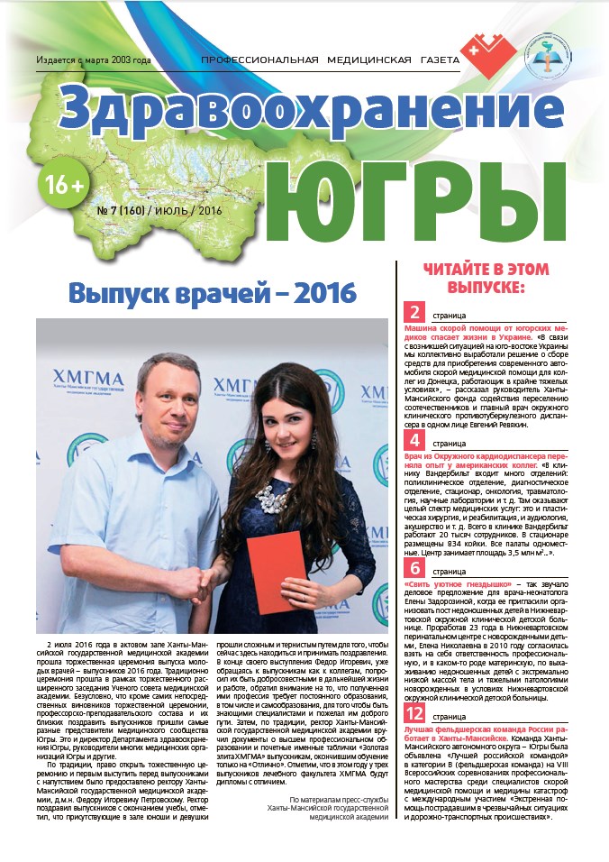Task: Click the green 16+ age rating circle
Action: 61,184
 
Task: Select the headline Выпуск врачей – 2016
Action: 213,294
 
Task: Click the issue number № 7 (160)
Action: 131,210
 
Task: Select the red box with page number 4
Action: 415,441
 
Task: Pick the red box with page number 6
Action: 415,568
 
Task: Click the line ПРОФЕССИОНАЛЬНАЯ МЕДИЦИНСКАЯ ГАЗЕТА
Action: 330,60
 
